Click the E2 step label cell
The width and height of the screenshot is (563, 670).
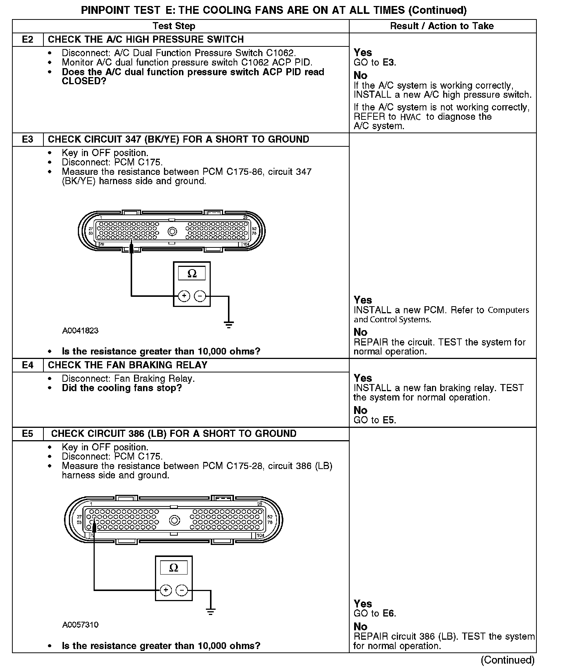coord(28,40)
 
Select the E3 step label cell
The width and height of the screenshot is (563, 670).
coord(28,140)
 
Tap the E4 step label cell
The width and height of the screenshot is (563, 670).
coord(28,365)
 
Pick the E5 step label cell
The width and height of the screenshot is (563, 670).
coord(28,434)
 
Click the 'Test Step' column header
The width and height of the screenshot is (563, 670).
coord(174,26)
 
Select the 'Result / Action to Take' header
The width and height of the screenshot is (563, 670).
coord(442,26)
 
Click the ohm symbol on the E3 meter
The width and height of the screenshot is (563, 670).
coord(192,274)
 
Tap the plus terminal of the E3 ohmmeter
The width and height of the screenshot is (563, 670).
coord(184,296)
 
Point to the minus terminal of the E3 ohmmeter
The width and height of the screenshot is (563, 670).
coord(200,296)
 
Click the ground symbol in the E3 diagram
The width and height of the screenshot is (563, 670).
coord(229,324)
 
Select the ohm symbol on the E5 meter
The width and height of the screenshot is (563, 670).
coord(174,568)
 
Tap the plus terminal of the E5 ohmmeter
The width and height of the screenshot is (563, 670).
coord(165,590)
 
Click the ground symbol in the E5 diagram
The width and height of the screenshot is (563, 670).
coord(211,612)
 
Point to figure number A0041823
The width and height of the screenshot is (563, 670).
coord(80,331)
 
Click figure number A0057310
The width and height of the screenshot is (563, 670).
coord(80,625)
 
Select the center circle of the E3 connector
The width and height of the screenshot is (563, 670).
coord(172,232)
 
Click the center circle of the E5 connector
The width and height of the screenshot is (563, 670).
coord(174,520)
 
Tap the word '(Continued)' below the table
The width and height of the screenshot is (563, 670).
coord(508,660)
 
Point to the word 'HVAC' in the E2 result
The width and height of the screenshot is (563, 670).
coord(411,117)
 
